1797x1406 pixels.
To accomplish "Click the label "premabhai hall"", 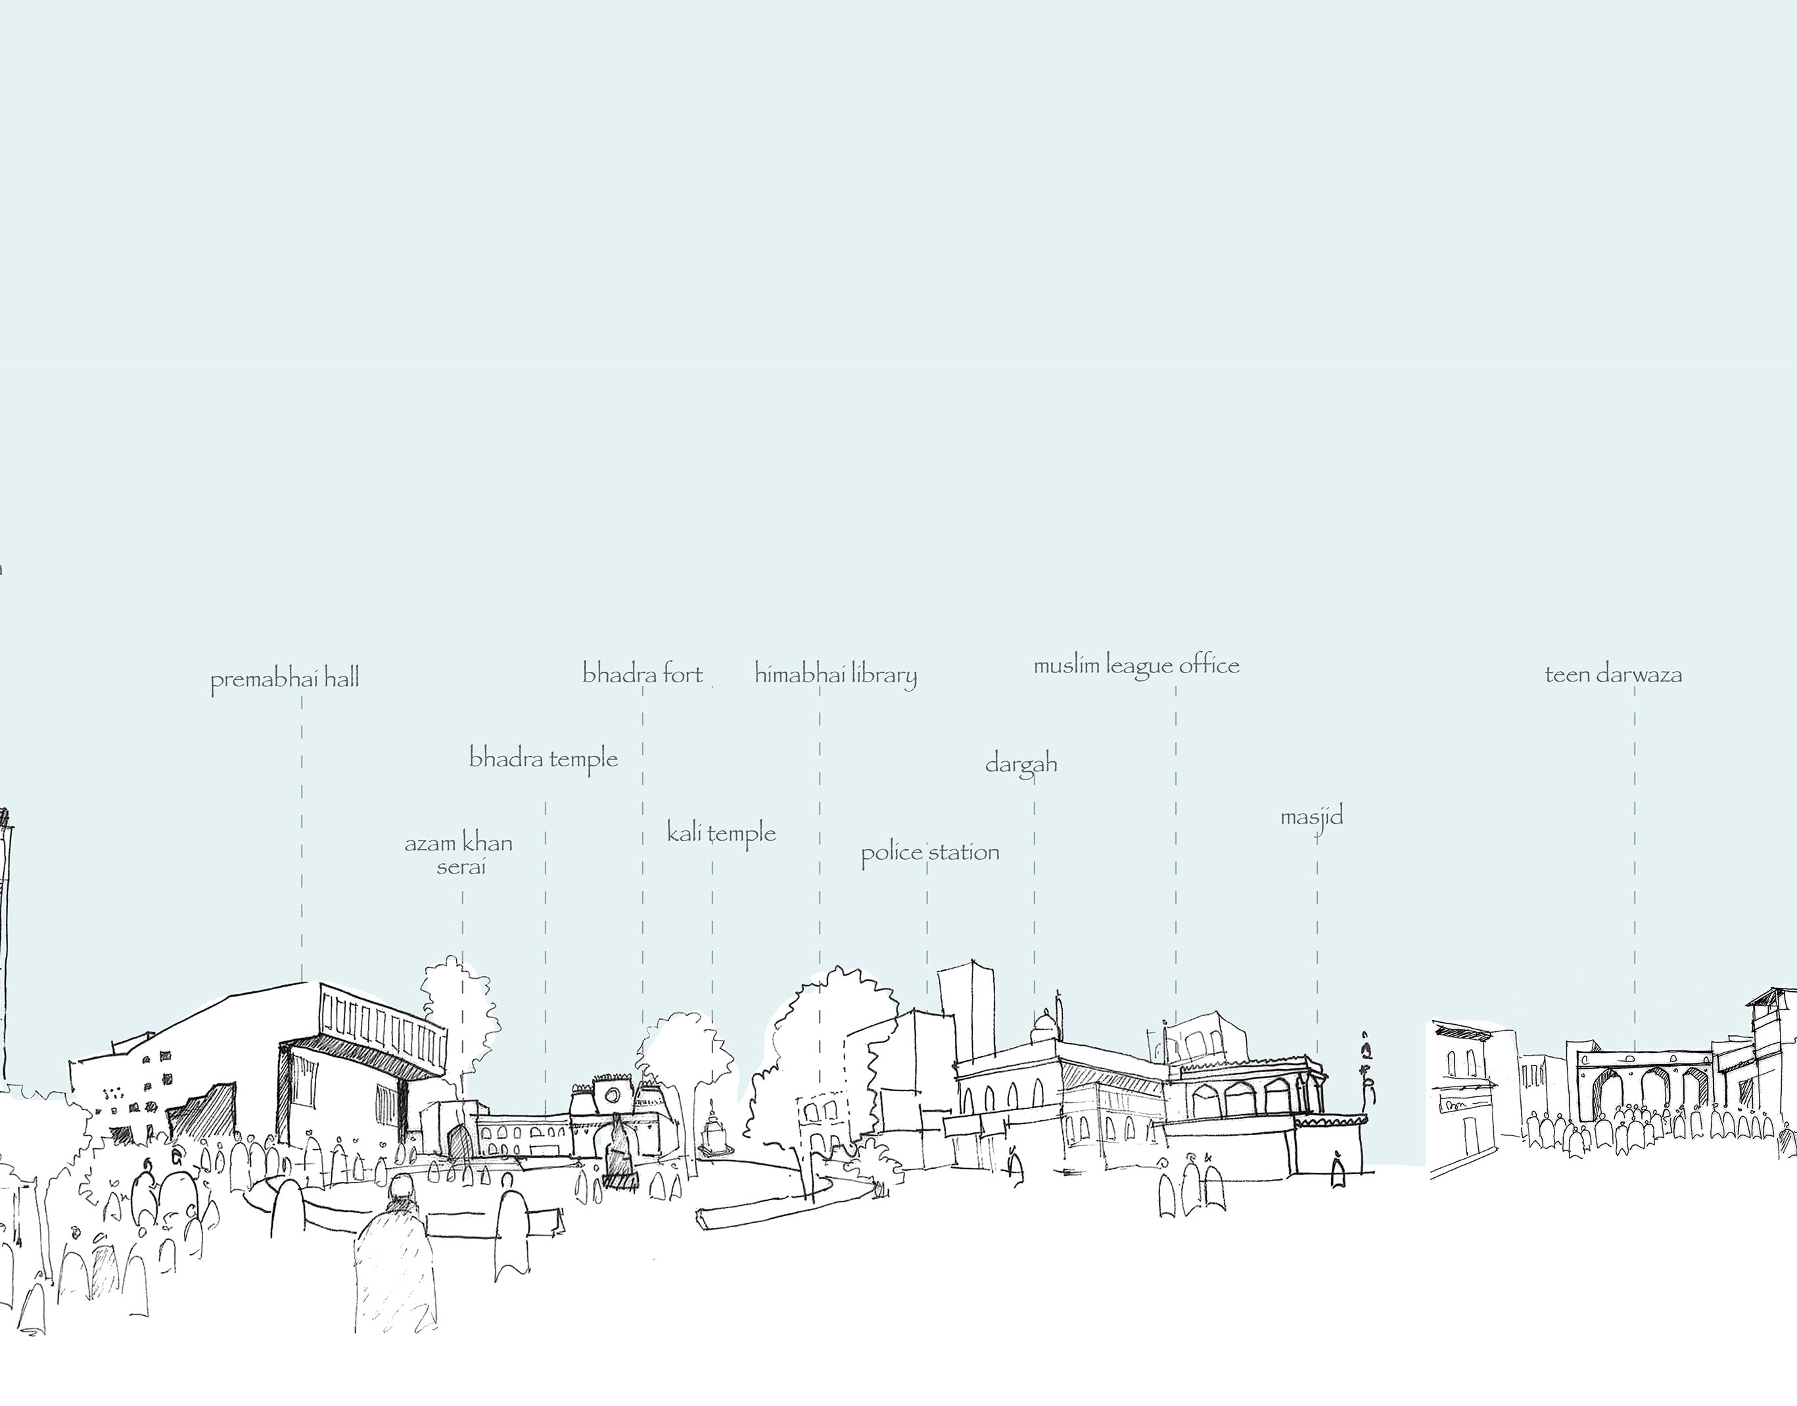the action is coord(285,680).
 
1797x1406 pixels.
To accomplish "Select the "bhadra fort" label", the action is coord(642,674).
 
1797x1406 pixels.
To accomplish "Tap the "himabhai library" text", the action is coord(835,675).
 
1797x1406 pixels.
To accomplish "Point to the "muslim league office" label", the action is coord(1136,666).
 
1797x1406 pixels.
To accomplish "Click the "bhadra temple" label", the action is coord(544,758).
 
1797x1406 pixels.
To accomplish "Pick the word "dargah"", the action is coord(1021,764).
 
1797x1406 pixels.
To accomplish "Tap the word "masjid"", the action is coord(1311,816).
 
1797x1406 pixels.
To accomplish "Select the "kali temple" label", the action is coord(721,833).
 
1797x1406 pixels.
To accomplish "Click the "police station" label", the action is coord(930,852).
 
